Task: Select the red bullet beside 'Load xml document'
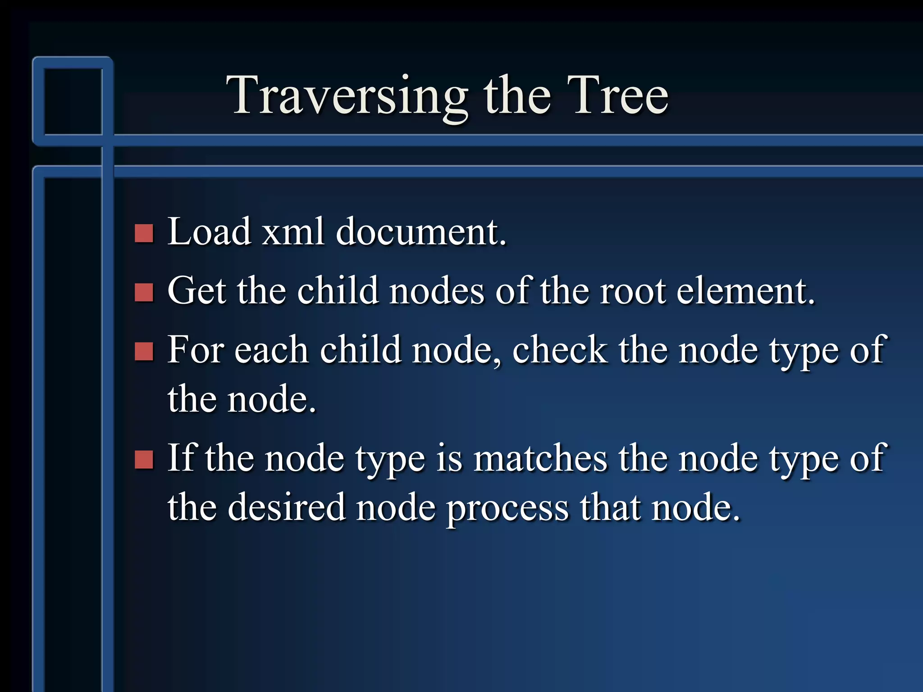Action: [x=144, y=233]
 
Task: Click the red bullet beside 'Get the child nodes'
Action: [x=144, y=292]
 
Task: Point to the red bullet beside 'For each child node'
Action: [x=144, y=351]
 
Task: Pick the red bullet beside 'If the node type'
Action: [x=144, y=460]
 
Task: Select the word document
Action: [x=421, y=232]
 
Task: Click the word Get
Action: [x=196, y=291]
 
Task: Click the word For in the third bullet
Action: [x=195, y=350]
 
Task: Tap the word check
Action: [x=559, y=350]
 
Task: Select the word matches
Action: [x=540, y=458]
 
